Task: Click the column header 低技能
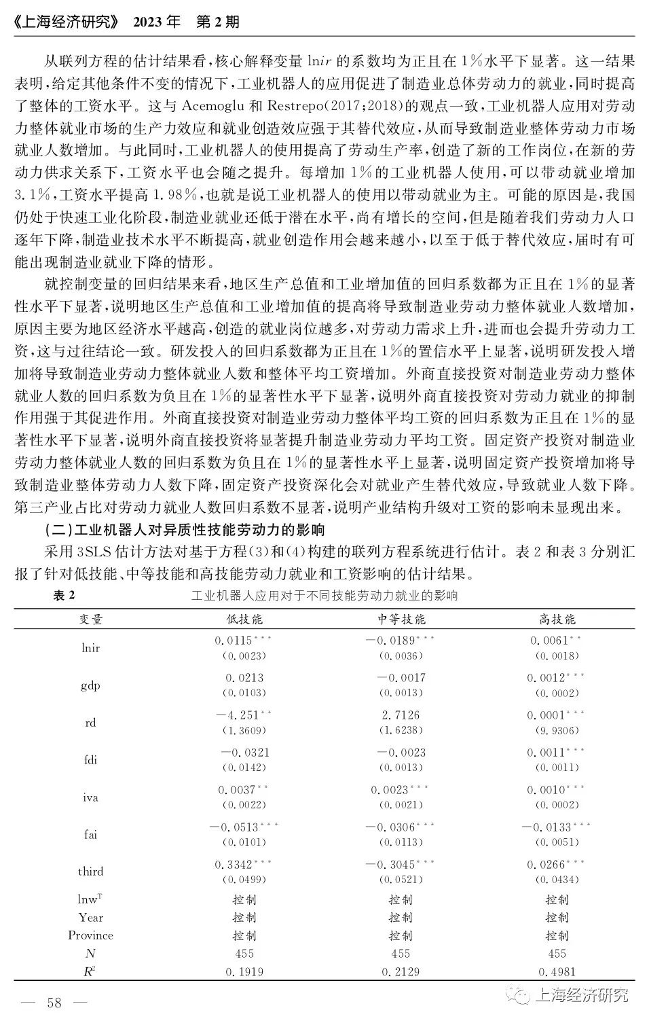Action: click(244, 619)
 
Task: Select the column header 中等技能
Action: click(401, 619)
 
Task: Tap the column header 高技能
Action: click(557, 619)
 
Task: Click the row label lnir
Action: click(90, 647)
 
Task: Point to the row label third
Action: click(90, 871)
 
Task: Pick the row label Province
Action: click(90, 935)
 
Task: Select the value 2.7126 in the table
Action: click(401, 715)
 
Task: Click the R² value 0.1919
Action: click(244, 971)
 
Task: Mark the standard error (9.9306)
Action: click(557, 730)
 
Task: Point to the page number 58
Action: click(54, 1003)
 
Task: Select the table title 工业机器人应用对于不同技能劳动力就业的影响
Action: click(324, 596)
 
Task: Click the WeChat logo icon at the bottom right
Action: click(521, 996)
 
